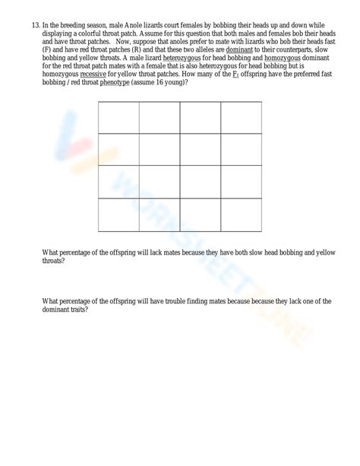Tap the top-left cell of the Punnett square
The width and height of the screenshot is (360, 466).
[118, 117]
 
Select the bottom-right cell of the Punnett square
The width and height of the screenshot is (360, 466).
[242, 214]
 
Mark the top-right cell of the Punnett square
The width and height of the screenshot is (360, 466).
[242, 117]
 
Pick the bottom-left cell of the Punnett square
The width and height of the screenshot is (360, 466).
[118, 214]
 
